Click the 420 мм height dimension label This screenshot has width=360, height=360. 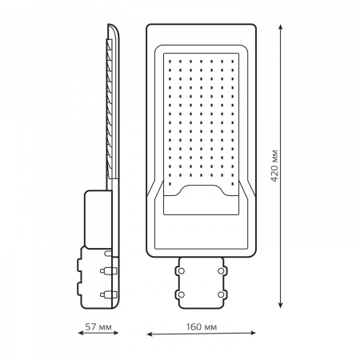(x=274, y=166)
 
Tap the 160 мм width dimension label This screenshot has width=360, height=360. (x=202, y=326)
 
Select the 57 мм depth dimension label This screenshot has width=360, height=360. (x=98, y=326)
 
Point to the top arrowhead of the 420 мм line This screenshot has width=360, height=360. (x=280, y=27)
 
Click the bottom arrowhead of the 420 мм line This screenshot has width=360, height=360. (x=280, y=305)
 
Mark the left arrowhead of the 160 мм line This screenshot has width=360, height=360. (x=150, y=334)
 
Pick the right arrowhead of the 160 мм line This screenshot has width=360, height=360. (x=252, y=333)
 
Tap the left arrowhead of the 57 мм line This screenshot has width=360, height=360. (x=81, y=333)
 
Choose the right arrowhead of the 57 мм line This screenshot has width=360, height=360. (x=115, y=333)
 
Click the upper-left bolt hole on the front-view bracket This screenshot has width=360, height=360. (x=182, y=271)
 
